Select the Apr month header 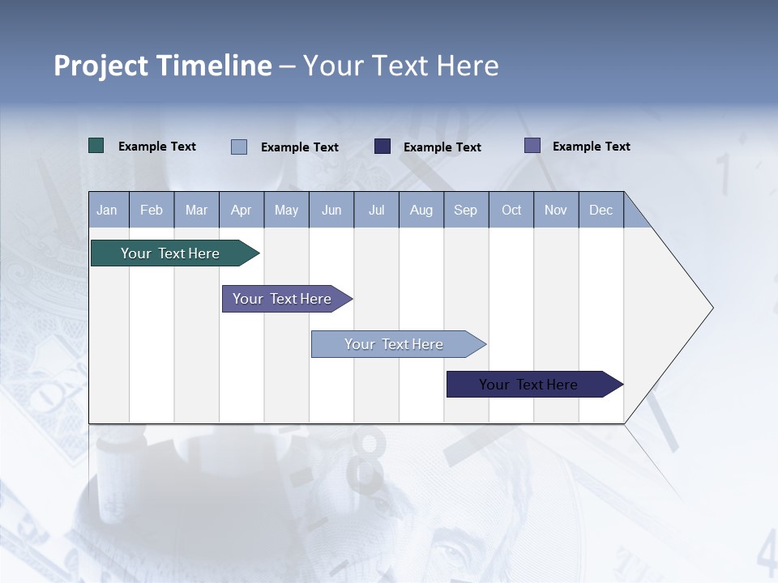242,210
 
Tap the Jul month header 377,210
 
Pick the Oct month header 511,210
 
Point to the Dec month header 601,210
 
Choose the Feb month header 152,210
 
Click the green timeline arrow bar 175,253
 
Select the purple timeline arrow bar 287,299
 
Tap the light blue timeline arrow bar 399,344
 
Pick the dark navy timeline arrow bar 535,384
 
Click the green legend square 96,146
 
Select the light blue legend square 239,147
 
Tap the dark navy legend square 382,147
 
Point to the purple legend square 532,146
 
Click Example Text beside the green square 156,147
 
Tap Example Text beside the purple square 592,147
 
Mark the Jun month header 331,210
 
